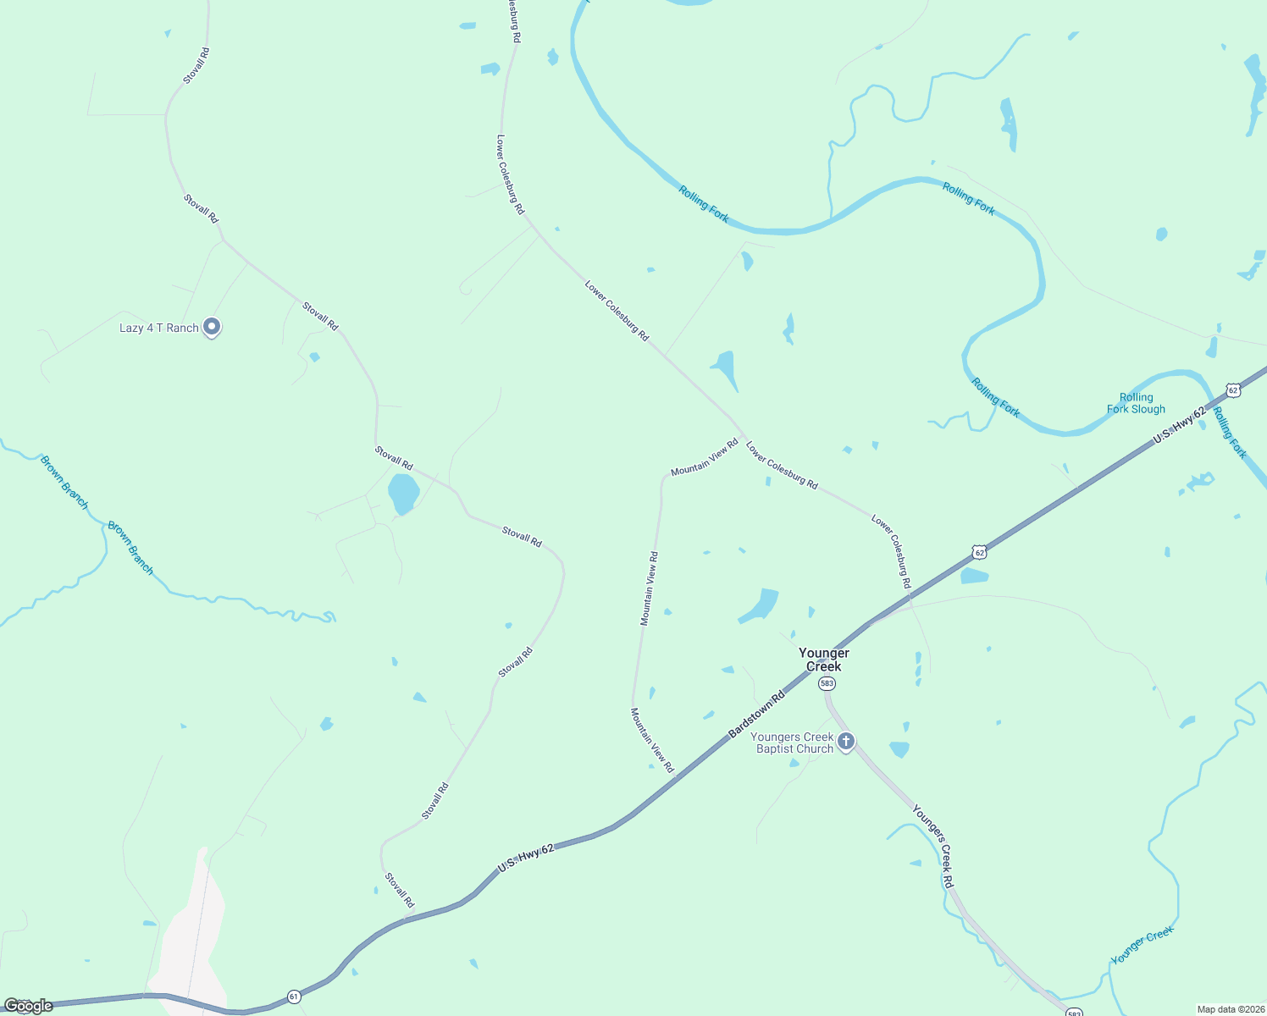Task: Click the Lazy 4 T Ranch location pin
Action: tap(213, 327)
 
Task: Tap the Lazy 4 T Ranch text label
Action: tap(159, 329)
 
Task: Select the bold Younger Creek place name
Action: tap(824, 660)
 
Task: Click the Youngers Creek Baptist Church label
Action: tap(794, 743)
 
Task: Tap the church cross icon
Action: tap(845, 742)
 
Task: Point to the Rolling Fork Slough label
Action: tap(1136, 403)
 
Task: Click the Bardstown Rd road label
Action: tap(756, 713)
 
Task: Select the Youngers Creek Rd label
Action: tap(933, 846)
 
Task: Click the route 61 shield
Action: tap(293, 996)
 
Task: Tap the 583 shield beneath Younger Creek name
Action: tap(827, 683)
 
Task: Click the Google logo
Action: tap(28, 1006)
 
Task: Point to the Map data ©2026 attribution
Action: tap(1229, 1009)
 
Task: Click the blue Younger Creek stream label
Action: tap(1142, 945)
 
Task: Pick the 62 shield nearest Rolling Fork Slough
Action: tap(1233, 390)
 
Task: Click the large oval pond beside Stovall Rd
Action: tap(403, 494)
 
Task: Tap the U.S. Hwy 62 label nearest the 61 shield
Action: tap(526, 858)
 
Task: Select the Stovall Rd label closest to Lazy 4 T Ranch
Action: tap(320, 317)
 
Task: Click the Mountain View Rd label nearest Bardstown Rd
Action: tap(652, 740)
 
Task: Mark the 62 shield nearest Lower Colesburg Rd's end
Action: tap(979, 552)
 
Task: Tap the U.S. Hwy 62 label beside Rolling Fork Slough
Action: tap(1179, 426)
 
